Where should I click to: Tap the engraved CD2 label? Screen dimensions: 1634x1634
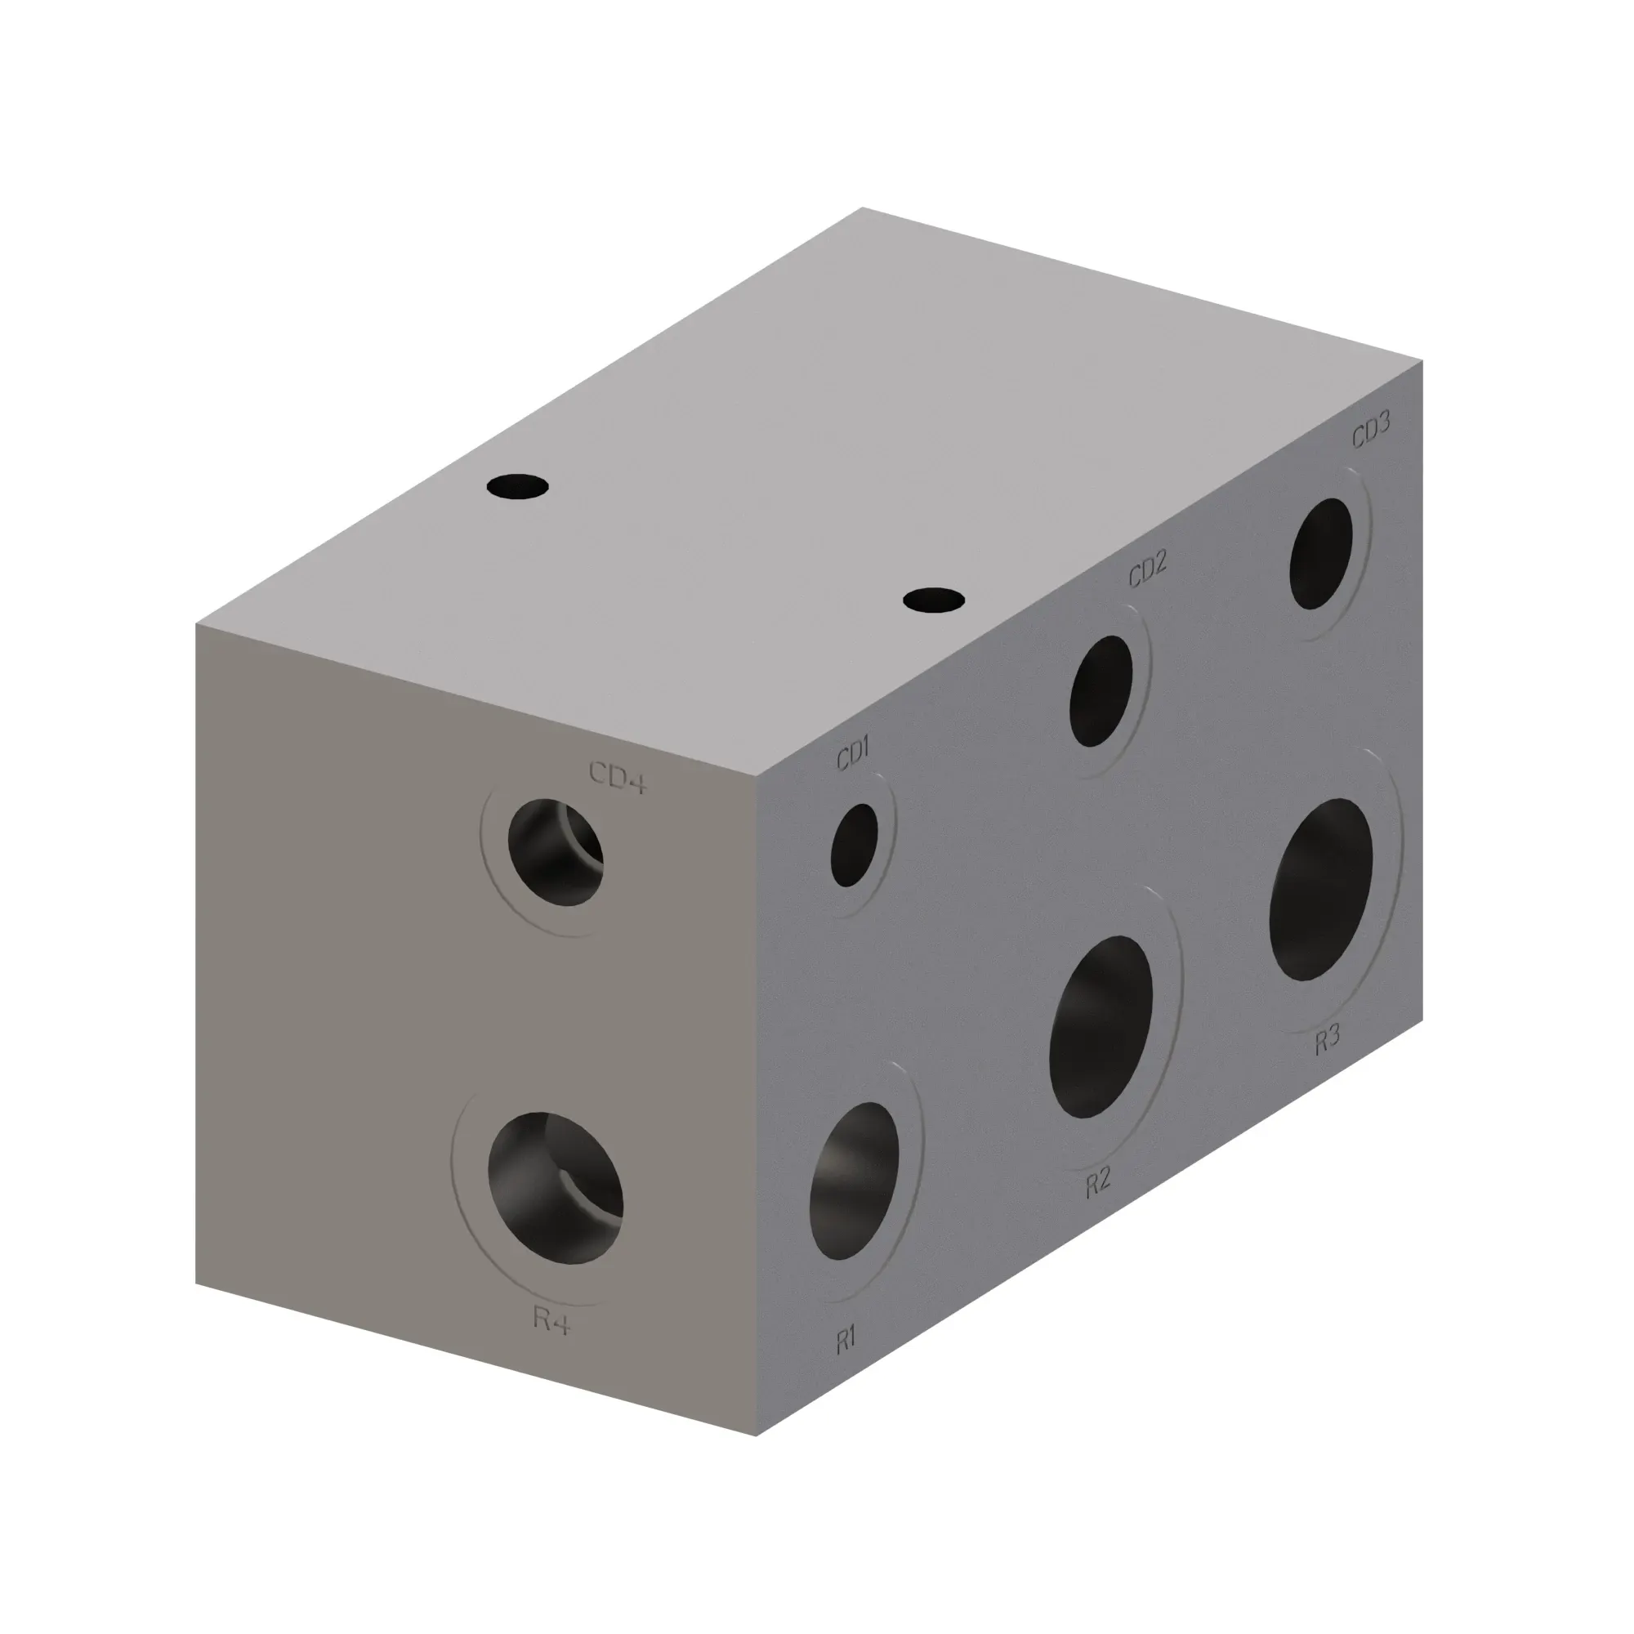pos(1148,569)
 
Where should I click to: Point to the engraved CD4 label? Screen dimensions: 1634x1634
pos(618,777)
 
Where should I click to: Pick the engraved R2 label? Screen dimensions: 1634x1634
pos(1098,1182)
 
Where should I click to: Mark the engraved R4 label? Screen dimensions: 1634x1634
pos(551,1319)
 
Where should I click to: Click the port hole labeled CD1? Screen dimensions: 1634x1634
pos(855,845)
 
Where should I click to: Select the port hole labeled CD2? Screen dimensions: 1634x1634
pos(1100,691)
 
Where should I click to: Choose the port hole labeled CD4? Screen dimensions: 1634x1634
pos(556,851)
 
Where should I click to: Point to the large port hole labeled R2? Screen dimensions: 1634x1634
pos(1100,1027)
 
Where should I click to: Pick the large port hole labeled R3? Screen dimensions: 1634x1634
pos(1320,889)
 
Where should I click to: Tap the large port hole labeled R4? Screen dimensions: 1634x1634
pos(556,1188)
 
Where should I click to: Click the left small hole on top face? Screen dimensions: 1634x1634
pos(518,487)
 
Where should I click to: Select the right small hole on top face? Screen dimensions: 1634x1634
pos(934,600)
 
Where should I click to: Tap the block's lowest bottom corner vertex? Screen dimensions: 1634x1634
pos(756,1436)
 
